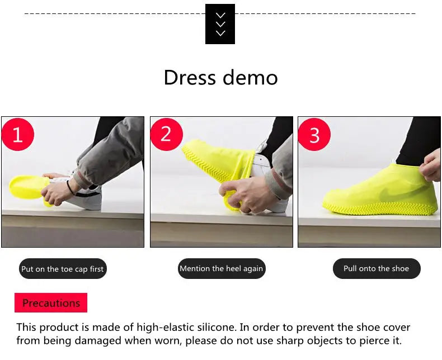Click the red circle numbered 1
pyautogui.click(x=18, y=134)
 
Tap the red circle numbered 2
pyautogui.click(x=167, y=134)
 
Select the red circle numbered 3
pyautogui.click(x=314, y=134)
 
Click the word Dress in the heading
pyautogui.click(x=190, y=78)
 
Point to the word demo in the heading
pyautogui.click(x=250, y=78)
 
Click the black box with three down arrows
pyautogui.click(x=220, y=24)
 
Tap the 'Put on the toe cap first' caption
pyautogui.click(x=63, y=269)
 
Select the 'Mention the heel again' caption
pyautogui.click(x=222, y=268)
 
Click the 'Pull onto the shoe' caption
pyautogui.click(x=377, y=268)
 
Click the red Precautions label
pyautogui.click(x=51, y=303)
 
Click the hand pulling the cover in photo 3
pyautogui.click(x=430, y=166)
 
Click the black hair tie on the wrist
pyautogui.click(x=69, y=188)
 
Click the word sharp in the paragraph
pyautogui.click(x=290, y=340)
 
